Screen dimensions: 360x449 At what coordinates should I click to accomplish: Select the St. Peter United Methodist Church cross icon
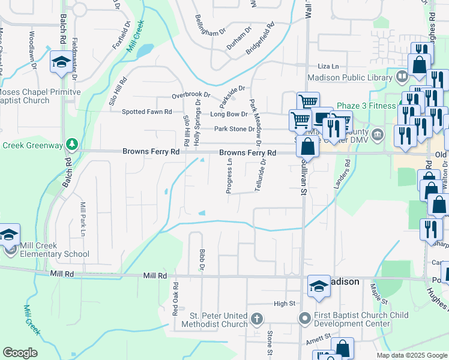(256, 318)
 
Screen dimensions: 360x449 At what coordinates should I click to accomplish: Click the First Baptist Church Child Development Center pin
(305, 318)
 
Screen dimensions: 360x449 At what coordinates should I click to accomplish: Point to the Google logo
(20, 353)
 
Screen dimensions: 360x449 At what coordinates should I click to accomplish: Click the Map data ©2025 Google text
(411, 355)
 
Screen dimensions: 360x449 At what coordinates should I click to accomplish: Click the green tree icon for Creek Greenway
(71, 144)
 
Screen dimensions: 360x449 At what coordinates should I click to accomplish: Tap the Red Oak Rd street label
(176, 299)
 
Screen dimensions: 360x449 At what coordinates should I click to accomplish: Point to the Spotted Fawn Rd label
(147, 112)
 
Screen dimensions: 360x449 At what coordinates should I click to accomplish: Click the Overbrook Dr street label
(191, 95)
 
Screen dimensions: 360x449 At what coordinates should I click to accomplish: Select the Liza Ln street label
(328, 66)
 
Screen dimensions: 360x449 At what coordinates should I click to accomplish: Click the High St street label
(286, 304)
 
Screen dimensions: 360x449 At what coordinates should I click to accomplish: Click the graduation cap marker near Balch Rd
(61, 62)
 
